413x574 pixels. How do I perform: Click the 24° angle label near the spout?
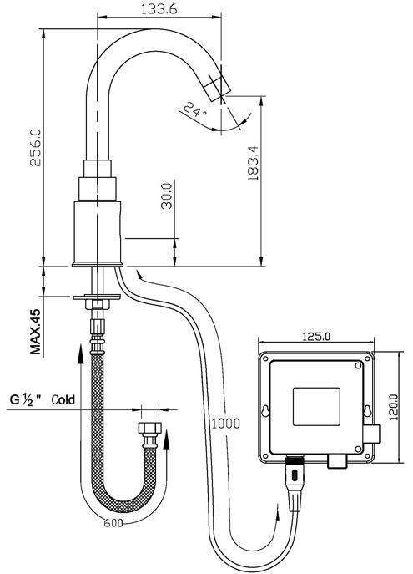point(194,109)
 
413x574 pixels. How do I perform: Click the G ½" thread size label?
point(26,399)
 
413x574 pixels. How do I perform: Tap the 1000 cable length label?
point(223,423)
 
